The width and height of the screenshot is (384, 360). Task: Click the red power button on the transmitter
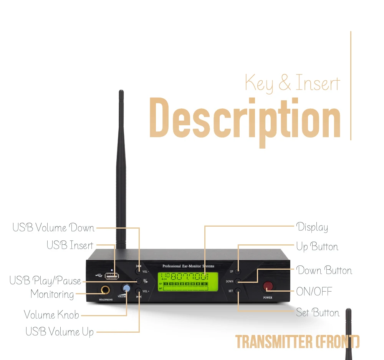click(x=268, y=286)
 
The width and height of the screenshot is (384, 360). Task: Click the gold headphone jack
click(x=104, y=290)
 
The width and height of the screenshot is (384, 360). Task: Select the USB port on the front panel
click(x=111, y=276)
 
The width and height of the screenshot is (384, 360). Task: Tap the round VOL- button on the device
click(x=138, y=271)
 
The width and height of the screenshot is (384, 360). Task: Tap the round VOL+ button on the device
click(x=138, y=291)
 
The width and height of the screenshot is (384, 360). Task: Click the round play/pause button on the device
click(x=138, y=281)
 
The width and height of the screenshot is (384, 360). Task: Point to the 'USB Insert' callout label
click(x=70, y=245)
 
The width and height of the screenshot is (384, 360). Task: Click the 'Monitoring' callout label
click(x=52, y=294)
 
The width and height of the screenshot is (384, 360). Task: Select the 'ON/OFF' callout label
click(x=314, y=292)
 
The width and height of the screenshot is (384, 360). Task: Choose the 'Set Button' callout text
click(x=318, y=312)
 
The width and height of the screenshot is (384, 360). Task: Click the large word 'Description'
click(x=245, y=119)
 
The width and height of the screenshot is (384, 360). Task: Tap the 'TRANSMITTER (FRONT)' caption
click(x=297, y=342)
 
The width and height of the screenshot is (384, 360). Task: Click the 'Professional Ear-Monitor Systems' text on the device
click(x=188, y=266)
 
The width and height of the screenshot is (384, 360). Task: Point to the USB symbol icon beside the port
click(x=98, y=276)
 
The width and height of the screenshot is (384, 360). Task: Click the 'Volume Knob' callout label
click(x=51, y=315)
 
